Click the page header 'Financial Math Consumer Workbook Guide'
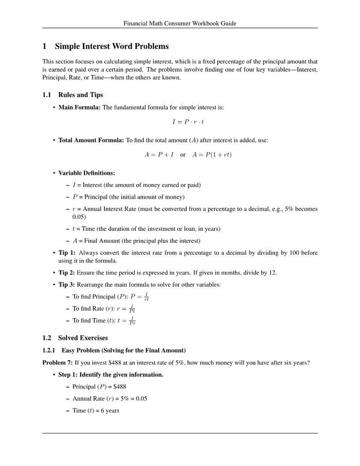coord(180,23)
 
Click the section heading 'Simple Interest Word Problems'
coord(112,46)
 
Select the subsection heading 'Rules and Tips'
coord(80,95)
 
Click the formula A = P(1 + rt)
coord(212,155)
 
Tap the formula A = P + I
coord(159,155)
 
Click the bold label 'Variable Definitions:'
coord(87,173)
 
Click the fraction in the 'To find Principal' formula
coord(146,297)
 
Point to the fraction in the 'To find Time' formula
coord(132,321)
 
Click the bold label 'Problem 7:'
coord(58,363)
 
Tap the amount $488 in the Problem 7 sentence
coord(116,363)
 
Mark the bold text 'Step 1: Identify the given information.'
coord(111,375)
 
